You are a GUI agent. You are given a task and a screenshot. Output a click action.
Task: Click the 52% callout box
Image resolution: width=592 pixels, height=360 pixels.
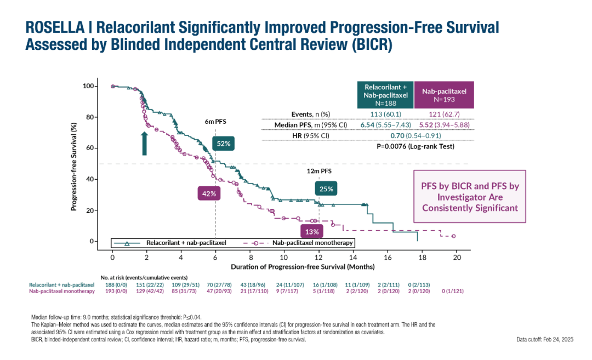(x=224, y=144)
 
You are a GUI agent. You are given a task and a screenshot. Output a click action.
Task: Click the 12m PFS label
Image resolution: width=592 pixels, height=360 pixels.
(x=319, y=171)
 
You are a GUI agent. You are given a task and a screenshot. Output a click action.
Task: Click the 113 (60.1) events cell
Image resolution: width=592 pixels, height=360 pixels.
(x=386, y=114)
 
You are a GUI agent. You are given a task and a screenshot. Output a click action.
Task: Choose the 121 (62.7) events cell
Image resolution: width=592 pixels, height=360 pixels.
(x=445, y=114)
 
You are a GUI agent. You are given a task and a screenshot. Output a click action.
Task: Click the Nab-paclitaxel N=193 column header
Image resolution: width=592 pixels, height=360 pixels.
(x=444, y=95)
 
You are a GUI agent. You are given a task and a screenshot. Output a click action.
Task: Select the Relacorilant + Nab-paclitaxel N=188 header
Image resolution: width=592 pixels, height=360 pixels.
(x=386, y=95)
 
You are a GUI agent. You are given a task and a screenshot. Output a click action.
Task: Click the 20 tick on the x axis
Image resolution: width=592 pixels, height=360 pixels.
(x=457, y=257)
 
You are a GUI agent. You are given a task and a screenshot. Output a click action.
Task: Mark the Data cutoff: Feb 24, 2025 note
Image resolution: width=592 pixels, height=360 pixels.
(x=544, y=340)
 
